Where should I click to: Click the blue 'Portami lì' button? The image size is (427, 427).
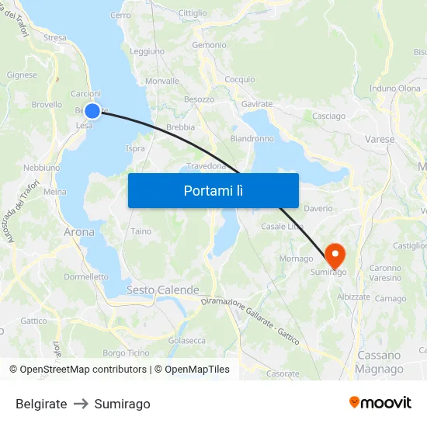[213, 190]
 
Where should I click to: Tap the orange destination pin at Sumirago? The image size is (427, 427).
[335, 254]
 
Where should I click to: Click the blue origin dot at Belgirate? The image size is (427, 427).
[92, 111]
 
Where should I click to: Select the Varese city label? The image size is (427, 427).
[379, 140]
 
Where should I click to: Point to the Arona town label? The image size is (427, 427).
[79, 231]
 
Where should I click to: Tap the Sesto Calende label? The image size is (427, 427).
[162, 290]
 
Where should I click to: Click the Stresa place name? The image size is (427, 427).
[55, 37]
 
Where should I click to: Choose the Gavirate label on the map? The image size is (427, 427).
[257, 103]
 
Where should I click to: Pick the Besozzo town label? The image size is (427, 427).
[199, 100]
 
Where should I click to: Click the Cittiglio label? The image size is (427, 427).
[193, 13]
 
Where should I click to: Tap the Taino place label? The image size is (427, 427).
[141, 231]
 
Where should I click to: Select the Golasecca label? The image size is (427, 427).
[186, 340]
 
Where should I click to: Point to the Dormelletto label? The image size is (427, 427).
[86, 276]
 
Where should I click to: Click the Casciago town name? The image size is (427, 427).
[328, 116]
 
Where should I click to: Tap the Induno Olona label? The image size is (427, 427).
[395, 89]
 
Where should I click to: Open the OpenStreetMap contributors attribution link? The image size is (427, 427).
[83, 370]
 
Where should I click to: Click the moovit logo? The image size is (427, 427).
[380, 402]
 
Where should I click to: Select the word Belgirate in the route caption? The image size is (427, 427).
[41, 404]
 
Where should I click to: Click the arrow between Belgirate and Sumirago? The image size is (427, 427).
[81, 404]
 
